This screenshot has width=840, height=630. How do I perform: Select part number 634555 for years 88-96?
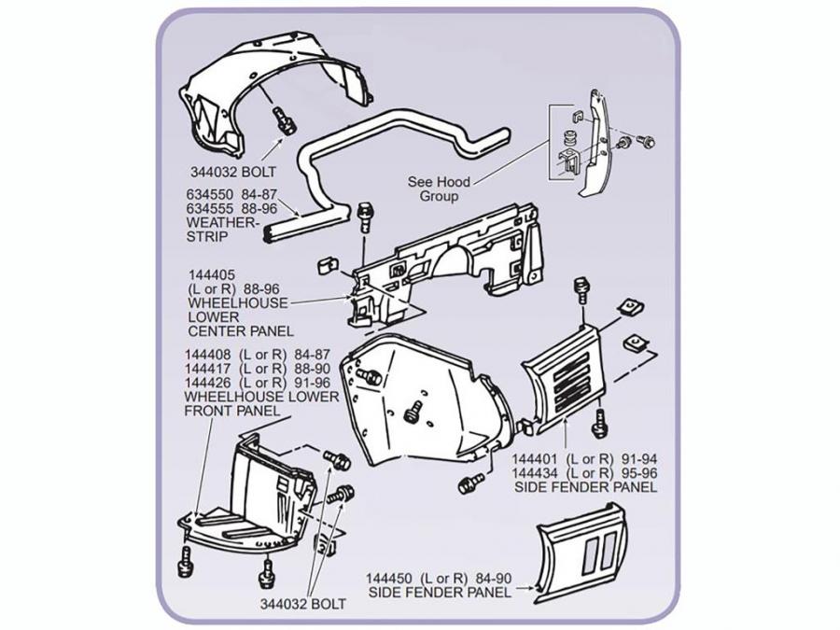pyautogui.click(x=209, y=210)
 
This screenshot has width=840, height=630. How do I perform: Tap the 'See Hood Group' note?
pyautogui.click(x=439, y=189)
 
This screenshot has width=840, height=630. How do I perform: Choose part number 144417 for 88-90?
pyautogui.click(x=207, y=370)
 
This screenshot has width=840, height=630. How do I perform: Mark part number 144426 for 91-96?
pyautogui.click(x=207, y=383)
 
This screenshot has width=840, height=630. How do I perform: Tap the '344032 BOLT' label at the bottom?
pyautogui.click(x=302, y=604)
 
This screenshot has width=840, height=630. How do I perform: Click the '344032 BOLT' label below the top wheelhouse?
pyautogui.click(x=241, y=172)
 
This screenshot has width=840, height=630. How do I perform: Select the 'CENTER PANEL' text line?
pyautogui.click(x=240, y=330)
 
